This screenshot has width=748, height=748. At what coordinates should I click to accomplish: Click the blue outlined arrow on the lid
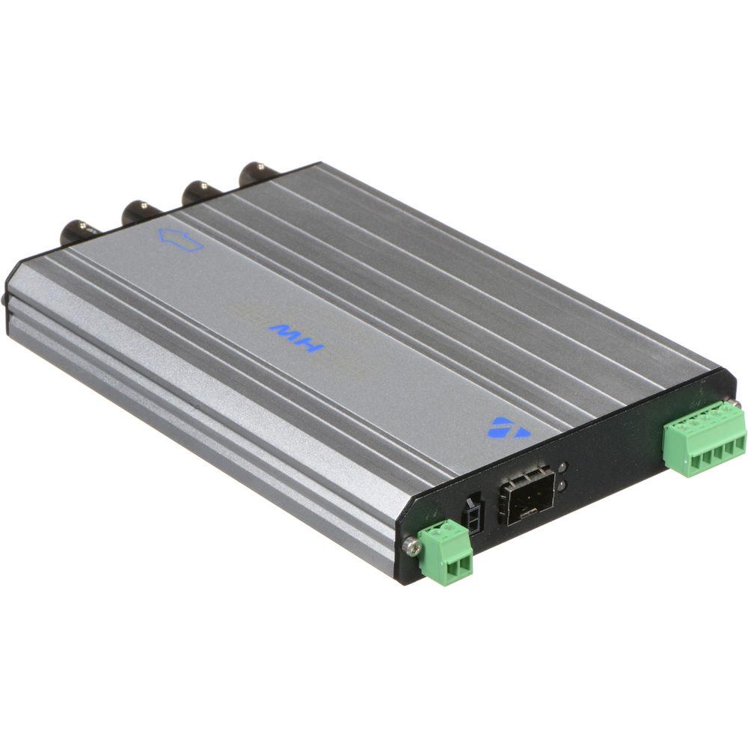pyautogui.click(x=180, y=240)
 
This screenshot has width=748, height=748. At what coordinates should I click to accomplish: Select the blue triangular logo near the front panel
pyautogui.click(x=509, y=428)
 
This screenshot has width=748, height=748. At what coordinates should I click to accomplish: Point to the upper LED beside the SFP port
pyautogui.click(x=562, y=467)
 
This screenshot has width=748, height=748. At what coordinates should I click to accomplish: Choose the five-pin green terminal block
pyautogui.click(x=704, y=441)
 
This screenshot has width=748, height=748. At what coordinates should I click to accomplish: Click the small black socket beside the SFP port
pyautogui.click(x=473, y=513)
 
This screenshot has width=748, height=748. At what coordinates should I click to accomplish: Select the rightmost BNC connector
pyautogui.click(x=256, y=174)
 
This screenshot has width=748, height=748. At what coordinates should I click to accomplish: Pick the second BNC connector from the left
pyautogui.click(x=138, y=211)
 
